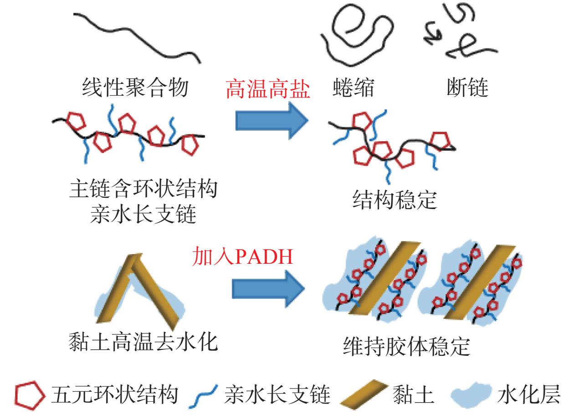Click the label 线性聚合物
(135, 87)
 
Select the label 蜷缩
(354, 87)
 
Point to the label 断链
(467, 87)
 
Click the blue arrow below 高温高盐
(272, 120)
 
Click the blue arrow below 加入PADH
(268, 289)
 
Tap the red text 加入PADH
(242, 256)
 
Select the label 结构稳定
(395, 200)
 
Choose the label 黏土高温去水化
(143, 342)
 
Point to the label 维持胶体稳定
(407, 346)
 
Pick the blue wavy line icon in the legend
(203, 396)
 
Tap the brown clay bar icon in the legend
(364, 395)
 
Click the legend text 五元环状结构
(114, 395)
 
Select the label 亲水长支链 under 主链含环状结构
(143, 214)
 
